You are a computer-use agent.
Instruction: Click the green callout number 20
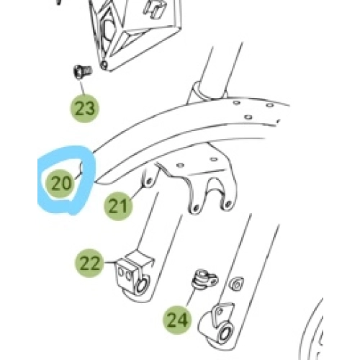point(60,184)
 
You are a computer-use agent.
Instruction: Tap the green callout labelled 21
point(118,206)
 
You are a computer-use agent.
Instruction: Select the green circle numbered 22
point(89,263)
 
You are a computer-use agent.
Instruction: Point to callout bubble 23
point(85,109)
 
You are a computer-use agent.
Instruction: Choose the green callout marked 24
point(177,320)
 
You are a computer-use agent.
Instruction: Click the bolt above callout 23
point(82,71)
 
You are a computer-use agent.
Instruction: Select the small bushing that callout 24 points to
point(204,279)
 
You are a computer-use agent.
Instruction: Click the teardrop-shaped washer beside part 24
point(236,284)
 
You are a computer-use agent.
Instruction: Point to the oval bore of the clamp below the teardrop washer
point(225,333)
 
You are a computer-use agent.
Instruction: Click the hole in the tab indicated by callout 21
point(149,181)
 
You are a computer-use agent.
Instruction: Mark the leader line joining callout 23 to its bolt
point(82,87)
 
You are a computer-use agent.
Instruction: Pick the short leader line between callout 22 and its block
point(110,263)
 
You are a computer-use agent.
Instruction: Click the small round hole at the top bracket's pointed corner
point(104,64)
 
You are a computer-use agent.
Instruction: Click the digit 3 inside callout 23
point(91,109)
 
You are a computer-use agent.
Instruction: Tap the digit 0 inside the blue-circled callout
point(67,184)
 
